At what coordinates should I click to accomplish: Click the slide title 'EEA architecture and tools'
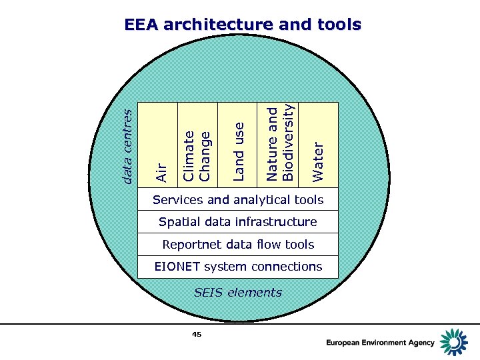click(x=243, y=25)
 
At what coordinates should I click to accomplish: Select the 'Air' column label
click(x=161, y=171)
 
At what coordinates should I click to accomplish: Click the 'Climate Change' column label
click(x=197, y=155)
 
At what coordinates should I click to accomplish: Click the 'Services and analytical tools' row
click(x=238, y=200)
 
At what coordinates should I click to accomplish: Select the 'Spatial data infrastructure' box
click(x=238, y=222)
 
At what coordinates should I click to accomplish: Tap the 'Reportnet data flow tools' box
click(x=238, y=245)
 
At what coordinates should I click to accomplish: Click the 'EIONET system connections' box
click(x=238, y=267)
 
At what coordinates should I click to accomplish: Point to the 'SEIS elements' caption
click(x=238, y=292)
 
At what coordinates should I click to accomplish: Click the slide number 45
click(x=197, y=334)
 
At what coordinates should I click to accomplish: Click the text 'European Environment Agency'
click(x=380, y=343)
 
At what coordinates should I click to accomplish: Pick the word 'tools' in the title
click(x=339, y=25)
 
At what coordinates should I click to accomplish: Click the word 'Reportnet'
click(x=188, y=245)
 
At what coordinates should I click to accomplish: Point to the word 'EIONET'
click(x=177, y=267)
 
